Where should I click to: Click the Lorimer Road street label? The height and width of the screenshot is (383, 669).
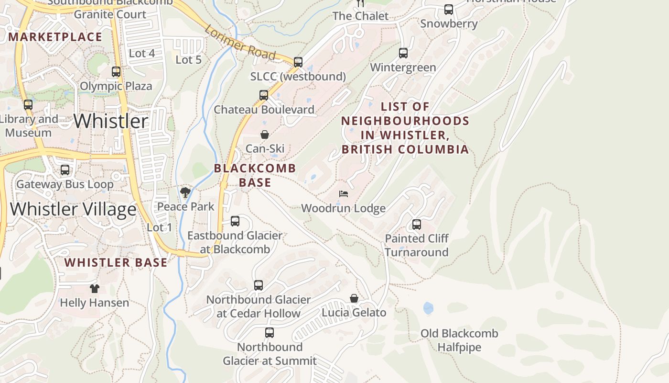pyautogui.click(x=240, y=44)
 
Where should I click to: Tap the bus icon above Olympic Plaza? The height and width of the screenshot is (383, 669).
pyautogui.click(x=116, y=72)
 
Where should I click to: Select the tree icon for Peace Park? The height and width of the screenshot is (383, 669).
pyautogui.click(x=185, y=192)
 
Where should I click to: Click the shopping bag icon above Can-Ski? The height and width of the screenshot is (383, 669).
pyautogui.click(x=265, y=135)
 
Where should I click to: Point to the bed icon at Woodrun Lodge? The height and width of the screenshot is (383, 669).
pyautogui.click(x=343, y=194)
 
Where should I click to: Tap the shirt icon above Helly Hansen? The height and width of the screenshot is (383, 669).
pyautogui.click(x=95, y=288)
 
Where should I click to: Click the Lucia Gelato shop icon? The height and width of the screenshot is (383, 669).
pyautogui.click(x=354, y=298)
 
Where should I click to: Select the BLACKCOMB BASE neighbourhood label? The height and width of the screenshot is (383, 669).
pyautogui.click(x=255, y=175)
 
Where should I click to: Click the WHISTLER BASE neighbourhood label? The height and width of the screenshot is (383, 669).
pyautogui.click(x=116, y=262)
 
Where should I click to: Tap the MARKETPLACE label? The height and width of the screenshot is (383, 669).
pyautogui.click(x=55, y=37)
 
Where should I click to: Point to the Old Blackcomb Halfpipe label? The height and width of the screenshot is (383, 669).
pyautogui.click(x=459, y=340)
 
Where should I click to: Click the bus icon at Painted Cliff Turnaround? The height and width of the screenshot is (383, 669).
pyautogui.click(x=417, y=224)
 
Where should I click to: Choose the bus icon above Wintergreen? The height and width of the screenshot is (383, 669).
pyautogui.click(x=403, y=53)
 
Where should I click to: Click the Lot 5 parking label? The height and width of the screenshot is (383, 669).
pyautogui.click(x=188, y=60)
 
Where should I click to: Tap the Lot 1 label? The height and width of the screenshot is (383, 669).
pyautogui.click(x=159, y=227)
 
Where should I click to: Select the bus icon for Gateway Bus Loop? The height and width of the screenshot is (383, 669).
pyautogui.click(x=65, y=170)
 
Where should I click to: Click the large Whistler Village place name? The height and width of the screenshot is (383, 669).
pyautogui.click(x=73, y=209)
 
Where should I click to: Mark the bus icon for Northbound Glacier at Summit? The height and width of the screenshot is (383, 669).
pyautogui.click(x=270, y=332)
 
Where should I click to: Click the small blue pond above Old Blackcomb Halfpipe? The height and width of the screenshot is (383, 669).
pyautogui.click(x=428, y=308)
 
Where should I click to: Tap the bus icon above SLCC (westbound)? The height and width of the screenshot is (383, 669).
pyautogui.click(x=298, y=62)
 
